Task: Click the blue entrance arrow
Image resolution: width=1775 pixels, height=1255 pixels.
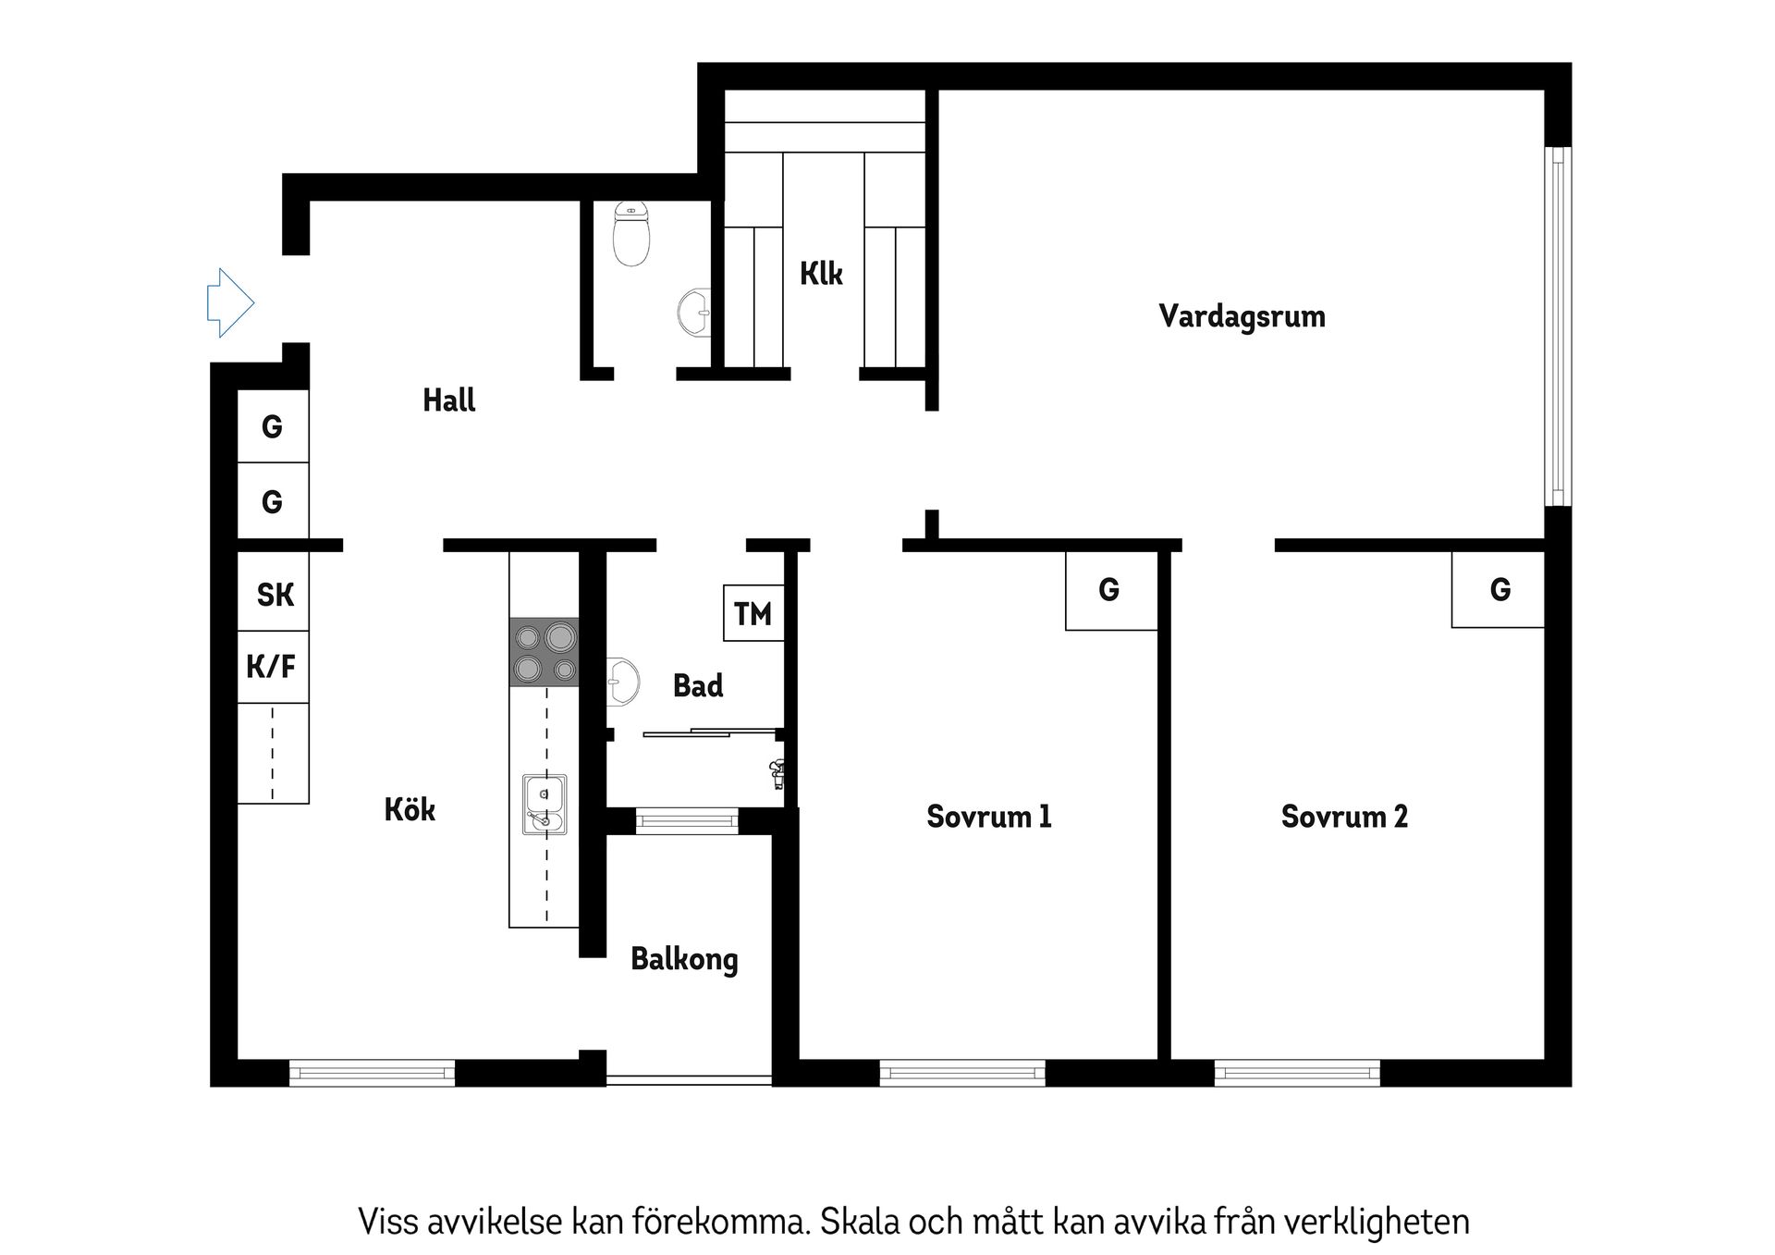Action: pos(230,302)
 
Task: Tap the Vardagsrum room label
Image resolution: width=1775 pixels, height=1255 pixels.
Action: pos(1242,316)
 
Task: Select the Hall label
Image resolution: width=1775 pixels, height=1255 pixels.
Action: pos(449,400)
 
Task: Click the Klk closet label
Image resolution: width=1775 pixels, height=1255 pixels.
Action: pos(821,274)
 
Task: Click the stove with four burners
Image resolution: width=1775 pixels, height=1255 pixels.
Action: pos(545,652)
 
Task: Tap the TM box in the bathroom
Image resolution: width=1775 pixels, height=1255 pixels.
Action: pos(753,613)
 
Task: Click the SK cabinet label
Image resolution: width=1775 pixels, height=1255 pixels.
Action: pos(275,595)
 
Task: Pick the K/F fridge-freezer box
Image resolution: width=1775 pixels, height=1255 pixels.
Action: pos(272,666)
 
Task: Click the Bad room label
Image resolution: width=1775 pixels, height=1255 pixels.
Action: pos(698,686)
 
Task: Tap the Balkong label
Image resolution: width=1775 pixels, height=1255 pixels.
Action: pos(684,959)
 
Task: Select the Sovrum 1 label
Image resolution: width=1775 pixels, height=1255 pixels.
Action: pos(988,817)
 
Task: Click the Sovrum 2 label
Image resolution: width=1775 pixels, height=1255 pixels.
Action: pos(1344,817)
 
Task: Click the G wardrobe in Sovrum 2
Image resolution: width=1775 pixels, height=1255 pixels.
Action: pos(1500,589)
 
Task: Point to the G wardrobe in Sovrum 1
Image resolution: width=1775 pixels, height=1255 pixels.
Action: pos(1109,589)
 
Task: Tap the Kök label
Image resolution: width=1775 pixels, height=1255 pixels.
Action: pos(410,810)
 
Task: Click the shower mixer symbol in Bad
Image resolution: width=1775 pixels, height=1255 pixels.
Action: pos(777,773)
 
